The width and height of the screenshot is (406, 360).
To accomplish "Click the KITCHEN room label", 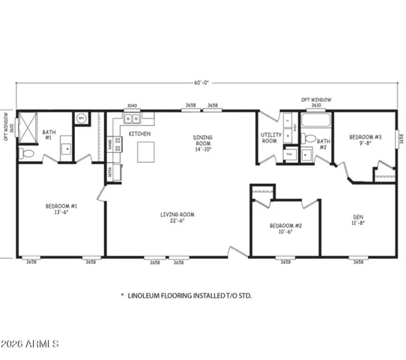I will pos(140,133).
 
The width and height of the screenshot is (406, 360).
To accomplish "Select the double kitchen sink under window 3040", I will pos(132,118).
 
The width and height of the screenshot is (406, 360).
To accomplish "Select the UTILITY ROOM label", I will pos(270,138).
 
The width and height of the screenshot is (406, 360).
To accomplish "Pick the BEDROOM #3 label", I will pos(366,140).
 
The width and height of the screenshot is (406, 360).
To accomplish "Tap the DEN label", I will pos(358,223).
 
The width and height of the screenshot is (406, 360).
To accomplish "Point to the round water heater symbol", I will pos(80,118).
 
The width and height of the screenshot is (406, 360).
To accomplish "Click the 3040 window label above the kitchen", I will pos(132,106).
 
